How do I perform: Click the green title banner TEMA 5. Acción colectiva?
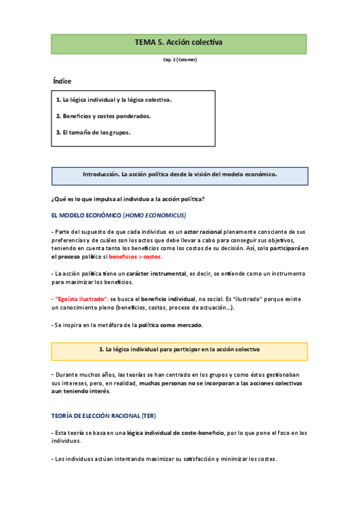tap(179, 43)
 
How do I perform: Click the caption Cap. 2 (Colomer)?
tap(180, 60)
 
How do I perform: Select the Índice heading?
tap(62, 81)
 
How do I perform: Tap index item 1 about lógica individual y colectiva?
tap(114, 100)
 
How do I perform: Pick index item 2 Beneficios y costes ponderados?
tap(103, 116)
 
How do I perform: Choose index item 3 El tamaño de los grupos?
tap(93, 132)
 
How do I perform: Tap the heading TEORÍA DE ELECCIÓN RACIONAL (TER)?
tap(103, 416)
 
